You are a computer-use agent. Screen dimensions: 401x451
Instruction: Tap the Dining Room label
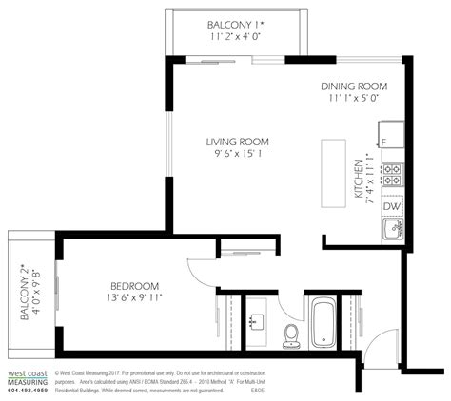pos(354,85)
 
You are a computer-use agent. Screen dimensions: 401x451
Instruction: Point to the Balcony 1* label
pos(236,24)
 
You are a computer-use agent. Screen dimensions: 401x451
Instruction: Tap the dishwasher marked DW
pos(390,205)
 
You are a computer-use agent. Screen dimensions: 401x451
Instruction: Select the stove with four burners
pos(390,174)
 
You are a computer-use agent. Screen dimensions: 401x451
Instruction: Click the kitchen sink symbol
pos(390,230)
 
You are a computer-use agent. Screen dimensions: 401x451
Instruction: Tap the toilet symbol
pos(292,332)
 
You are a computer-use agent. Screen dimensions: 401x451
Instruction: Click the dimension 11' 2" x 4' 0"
pos(236,36)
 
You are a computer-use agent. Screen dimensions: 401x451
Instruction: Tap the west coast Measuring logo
pos(26,377)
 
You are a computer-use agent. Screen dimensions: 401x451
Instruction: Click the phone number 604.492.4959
pos(26,391)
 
